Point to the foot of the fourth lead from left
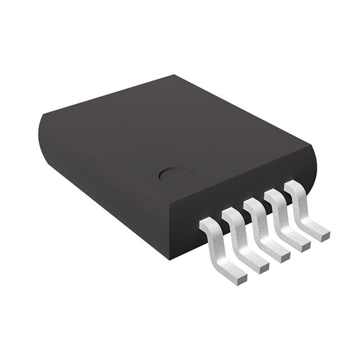301,245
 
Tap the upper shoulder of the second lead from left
231,215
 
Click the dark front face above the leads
236,186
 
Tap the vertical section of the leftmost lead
215,247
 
